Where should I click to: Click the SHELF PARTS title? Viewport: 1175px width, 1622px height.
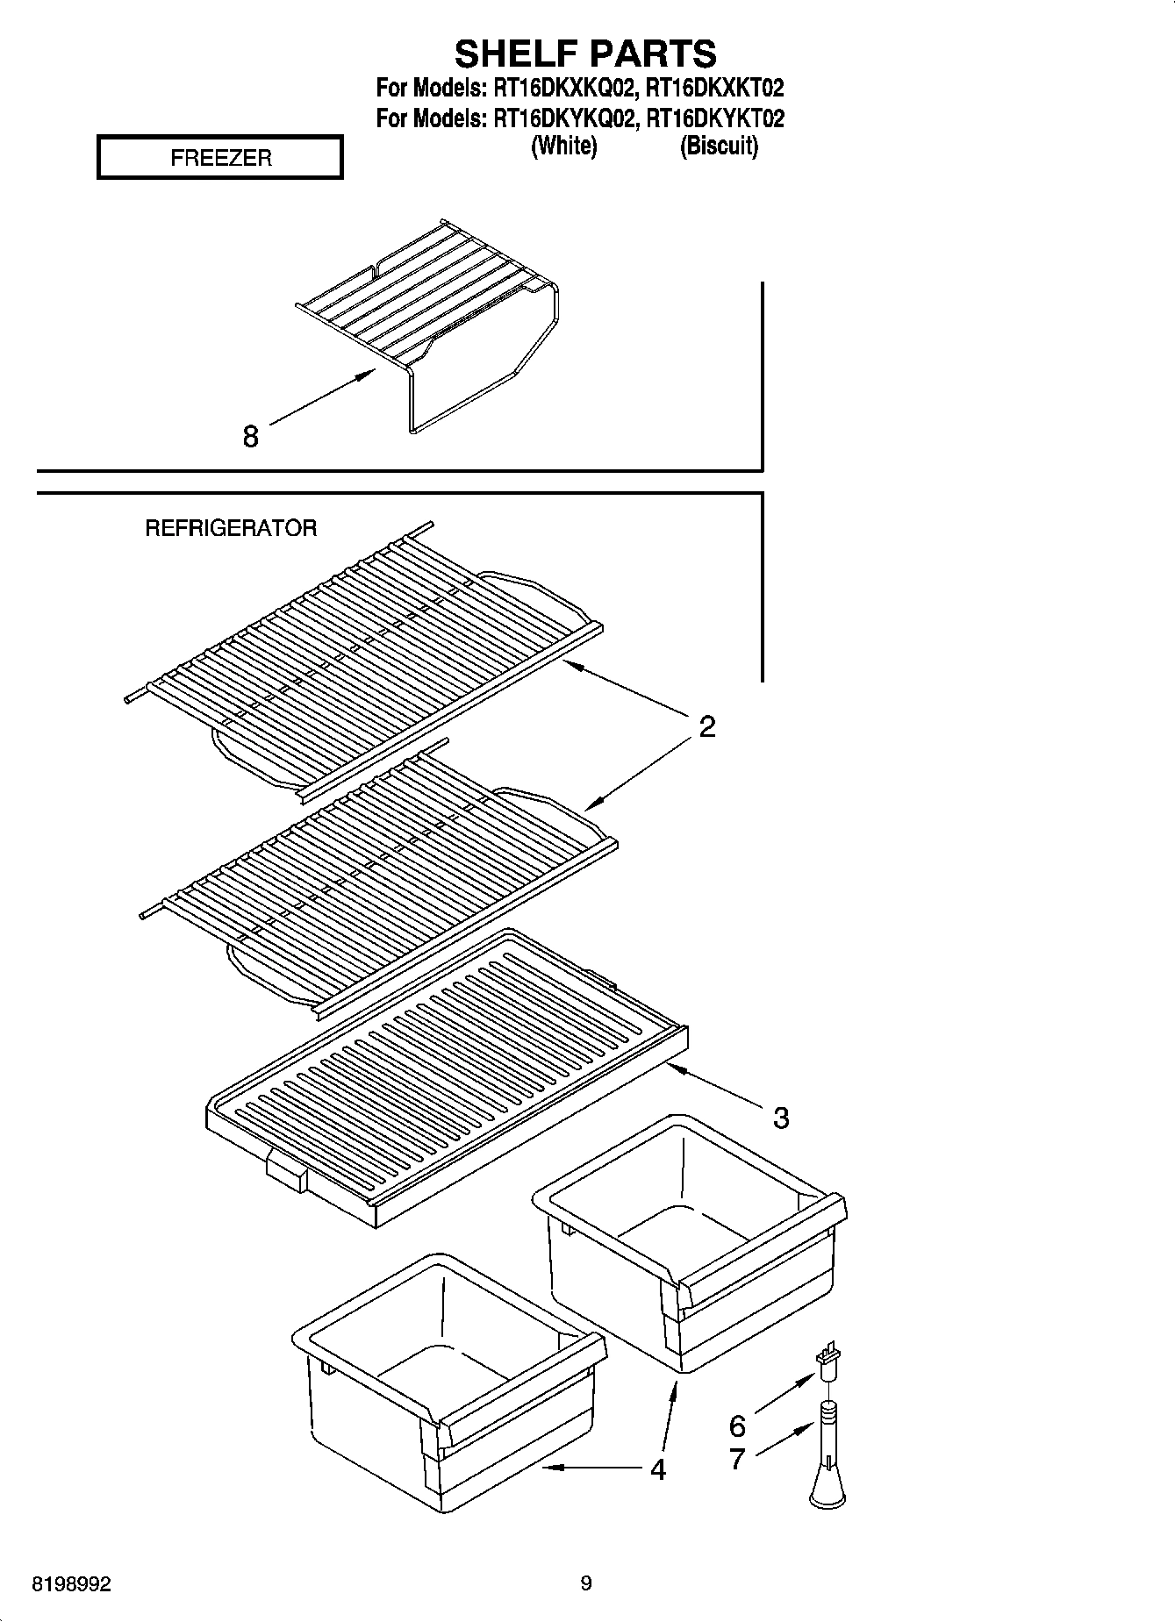point(585,54)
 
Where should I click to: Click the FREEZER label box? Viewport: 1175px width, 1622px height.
point(220,158)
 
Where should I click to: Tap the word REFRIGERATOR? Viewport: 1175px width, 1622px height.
point(231,528)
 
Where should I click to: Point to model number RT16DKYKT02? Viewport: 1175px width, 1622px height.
point(714,118)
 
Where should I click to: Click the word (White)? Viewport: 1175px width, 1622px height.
point(564,146)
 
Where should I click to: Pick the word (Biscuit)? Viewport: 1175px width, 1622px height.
point(719,146)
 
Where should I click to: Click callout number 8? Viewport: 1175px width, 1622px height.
point(251,436)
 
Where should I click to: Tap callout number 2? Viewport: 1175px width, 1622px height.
point(707,726)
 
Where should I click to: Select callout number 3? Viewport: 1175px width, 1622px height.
point(780,1118)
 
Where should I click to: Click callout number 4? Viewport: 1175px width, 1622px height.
point(658,1468)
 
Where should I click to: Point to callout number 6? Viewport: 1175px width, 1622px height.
point(737,1425)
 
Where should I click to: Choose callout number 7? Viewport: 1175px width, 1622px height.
point(737,1458)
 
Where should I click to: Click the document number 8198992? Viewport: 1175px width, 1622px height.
point(71,1584)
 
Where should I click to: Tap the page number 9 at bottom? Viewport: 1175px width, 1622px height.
point(586,1583)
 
